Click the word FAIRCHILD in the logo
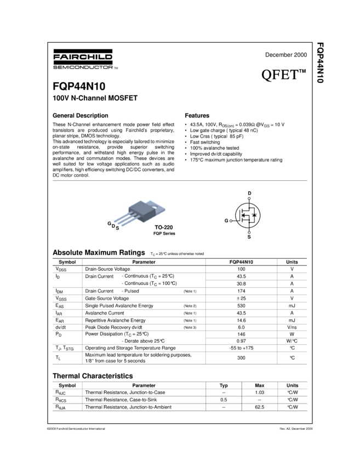click(x=83, y=56)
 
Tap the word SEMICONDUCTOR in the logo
click(x=82, y=67)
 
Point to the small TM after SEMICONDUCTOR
click(x=116, y=68)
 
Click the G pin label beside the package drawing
click(x=109, y=223)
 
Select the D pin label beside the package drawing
click(x=113, y=225)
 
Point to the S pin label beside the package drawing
click(x=117, y=228)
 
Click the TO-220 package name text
click(x=163, y=227)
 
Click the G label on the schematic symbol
click(x=226, y=220)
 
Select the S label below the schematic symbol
click(x=249, y=236)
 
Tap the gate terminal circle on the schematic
click(x=231, y=220)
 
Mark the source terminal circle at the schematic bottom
click(x=249, y=232)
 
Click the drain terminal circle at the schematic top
click(x=249, y=198)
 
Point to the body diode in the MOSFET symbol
click(x=253, y=215)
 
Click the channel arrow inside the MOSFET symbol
click(x=246, y=215)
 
